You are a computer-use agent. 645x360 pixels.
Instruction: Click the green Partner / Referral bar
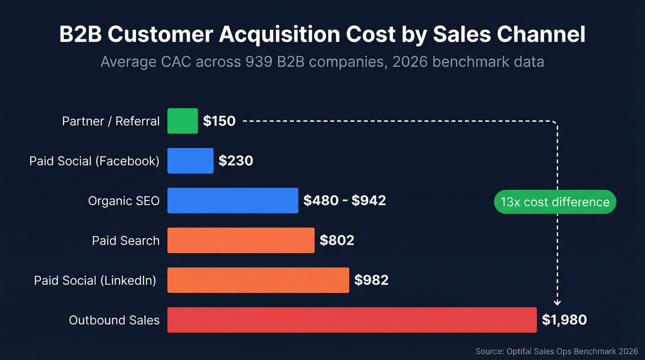[x=182, y=121]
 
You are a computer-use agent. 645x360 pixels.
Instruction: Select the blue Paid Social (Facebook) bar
[x=190, y=161]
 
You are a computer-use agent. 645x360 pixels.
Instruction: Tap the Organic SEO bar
[x=233, y=201]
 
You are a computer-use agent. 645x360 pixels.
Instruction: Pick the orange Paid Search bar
[x=240, y=240]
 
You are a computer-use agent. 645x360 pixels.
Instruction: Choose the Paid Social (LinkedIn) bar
[x=258, y=280]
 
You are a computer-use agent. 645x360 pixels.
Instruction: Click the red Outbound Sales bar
[x=352, y=319]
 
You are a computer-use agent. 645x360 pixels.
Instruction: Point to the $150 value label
[x=219, y=121]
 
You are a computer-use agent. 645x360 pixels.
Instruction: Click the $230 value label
[x=236, y=161]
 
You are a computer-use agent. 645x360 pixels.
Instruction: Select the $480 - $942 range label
[x=345, y=201]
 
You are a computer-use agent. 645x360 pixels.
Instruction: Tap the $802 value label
[x=337, y=240]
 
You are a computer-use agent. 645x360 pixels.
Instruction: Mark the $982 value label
[x=371, y=280]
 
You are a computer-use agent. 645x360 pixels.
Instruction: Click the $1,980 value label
[x=564, y=320]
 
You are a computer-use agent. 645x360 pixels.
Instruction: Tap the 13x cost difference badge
[x=555, y=202]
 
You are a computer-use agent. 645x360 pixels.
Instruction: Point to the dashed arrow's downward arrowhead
[x=557, y=302]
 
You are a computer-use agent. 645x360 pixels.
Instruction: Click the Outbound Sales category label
[x=114, y=320]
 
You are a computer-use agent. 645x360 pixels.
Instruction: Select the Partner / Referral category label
[x=111, y=121]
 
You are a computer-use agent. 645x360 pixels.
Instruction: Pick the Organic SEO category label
[x=124, y=201]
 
